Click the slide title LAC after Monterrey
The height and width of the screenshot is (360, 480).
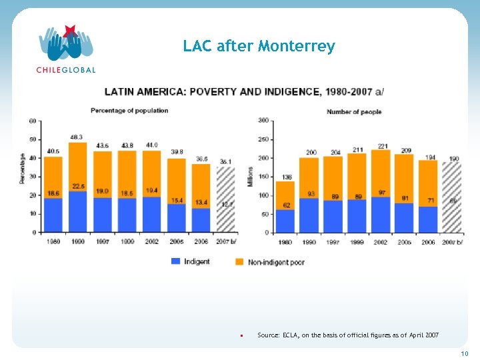tap(259, 47)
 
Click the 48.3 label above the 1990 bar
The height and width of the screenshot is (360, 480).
tap(77, 137)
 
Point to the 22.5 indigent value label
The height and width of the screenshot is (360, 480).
tap(78, 186)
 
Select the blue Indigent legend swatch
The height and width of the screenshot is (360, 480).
tap(177, 261)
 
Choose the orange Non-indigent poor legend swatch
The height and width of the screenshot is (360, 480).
tap(240, 261)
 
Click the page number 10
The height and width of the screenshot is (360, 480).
tap(465, 353)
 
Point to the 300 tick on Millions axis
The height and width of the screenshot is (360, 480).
tap(263, 121)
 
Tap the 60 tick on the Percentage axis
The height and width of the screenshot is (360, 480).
tap(32, 121)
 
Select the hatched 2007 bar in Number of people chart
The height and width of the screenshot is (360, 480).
tap(451, 197)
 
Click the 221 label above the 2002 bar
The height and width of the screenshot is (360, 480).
tap(383, 145)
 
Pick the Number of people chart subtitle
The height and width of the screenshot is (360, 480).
tap(354, 112)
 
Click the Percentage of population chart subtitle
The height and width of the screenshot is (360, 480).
tap(129, 110)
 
